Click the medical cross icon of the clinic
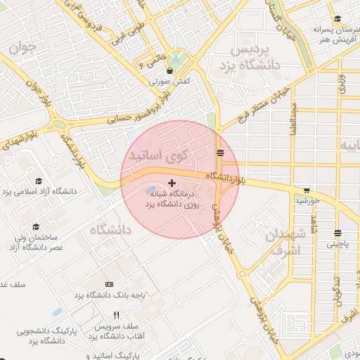pyautogui.click(x=171, y=183)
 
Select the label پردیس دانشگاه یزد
pyautogui.click(x=255, y=58)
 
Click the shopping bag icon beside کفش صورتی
pyautogui.click(x=170, y=70)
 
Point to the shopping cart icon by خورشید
pyautogui.click(x=307, y=190)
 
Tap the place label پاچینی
pyautogui.click(x=338, y=244)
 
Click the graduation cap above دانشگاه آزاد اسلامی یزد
pyautogui.click(x=38, y=180)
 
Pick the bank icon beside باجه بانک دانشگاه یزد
pyautogui.click(x=108, y=284)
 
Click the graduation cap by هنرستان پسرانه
pyautogui.click(x=337, y=20)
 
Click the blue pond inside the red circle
pyautogui.click(x=153, y=191)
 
